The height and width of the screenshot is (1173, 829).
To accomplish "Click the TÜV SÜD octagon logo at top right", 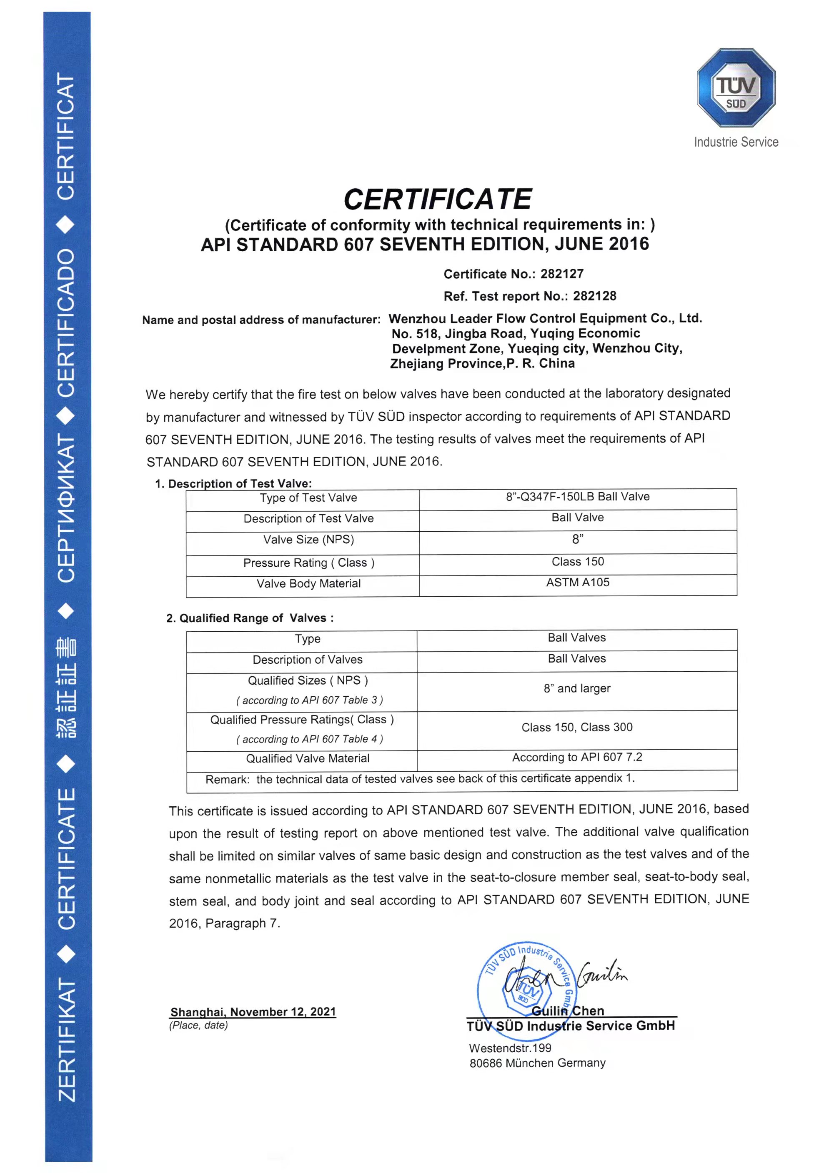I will coord(736,88).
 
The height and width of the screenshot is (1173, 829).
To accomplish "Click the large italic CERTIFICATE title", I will coord(438,199).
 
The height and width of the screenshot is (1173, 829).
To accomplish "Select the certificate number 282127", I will coord(562,274).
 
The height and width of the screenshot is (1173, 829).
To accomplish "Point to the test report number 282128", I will coord(594,296).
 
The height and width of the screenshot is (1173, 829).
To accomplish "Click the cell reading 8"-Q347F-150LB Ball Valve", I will coord(578,497).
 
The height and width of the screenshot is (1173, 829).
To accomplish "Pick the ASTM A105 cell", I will coord(578,583).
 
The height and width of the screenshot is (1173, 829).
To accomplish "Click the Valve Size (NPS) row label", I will coord(308,540).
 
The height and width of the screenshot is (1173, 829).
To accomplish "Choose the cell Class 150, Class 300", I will coord(577,727).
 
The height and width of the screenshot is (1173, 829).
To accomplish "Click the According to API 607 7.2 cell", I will coord(577,757).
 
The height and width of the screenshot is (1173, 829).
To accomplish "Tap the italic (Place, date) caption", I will coord(198,1025).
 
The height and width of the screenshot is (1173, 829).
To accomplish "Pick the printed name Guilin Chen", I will coord(568,1011).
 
